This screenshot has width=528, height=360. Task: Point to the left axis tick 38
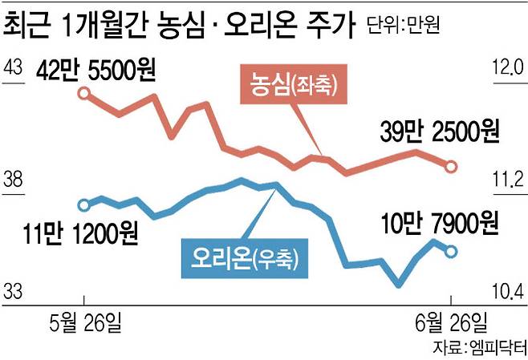[14, 180]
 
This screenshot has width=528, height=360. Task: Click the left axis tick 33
[14, 292]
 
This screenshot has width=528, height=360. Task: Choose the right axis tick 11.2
[507, 180]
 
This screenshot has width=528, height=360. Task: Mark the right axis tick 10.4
[507, 292]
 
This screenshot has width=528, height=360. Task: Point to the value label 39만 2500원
[441, 130]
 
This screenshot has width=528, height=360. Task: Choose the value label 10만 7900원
[441, 220]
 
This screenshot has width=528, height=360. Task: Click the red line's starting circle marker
[83, 94]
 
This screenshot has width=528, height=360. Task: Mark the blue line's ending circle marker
[451, 252]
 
